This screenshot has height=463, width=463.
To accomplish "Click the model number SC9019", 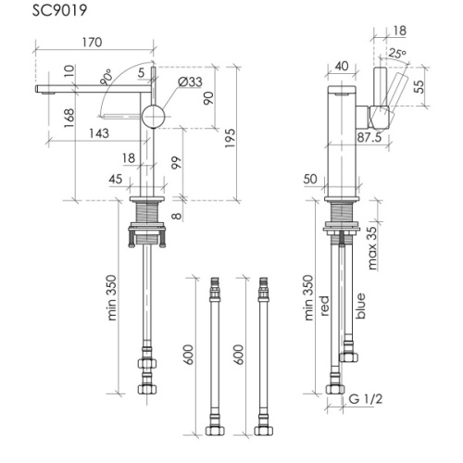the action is click(x=60, y=10).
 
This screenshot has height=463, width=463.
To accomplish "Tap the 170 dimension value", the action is click(x=92, y=43).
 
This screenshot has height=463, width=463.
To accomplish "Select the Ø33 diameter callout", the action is click(x=190, y=81).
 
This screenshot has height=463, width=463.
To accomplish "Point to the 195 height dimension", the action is click(x=230, y=138).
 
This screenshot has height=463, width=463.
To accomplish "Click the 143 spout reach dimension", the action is click(x=99, y=133).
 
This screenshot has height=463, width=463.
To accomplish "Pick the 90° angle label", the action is click(x=106, y=78).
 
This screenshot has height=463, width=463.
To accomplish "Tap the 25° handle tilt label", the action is click(x=397, y=54).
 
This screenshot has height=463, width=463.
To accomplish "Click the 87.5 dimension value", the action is click(x=369, y=138).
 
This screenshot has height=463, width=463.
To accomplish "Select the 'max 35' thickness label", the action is click(x=372, y=248).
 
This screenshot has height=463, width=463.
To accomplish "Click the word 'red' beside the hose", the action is click(x=325, y=306).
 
